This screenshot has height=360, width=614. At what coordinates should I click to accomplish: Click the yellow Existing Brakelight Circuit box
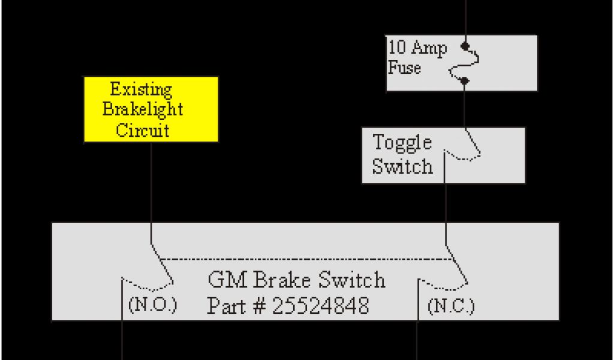click(x=151, y=109)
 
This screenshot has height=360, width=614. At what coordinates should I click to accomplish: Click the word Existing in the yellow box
click(x=142, y=91)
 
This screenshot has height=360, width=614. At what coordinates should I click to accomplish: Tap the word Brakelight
click(x=143, y=110)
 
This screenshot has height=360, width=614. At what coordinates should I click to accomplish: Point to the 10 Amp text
click(x=417, y=49)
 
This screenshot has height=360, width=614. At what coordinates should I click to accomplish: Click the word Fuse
click(x=405, y=67)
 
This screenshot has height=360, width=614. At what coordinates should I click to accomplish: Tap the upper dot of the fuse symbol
click(x=464, y=46)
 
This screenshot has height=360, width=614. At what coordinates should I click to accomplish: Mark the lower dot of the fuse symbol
click(x=465, y=80)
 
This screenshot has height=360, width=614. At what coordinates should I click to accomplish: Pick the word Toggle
click(x=402, y=143)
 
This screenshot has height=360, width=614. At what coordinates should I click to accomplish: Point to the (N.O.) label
click(x=153, y=305)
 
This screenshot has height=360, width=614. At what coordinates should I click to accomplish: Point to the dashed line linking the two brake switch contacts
click(x=306, y=259)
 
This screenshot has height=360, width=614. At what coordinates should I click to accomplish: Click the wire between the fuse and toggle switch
click(x=465, y=105)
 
